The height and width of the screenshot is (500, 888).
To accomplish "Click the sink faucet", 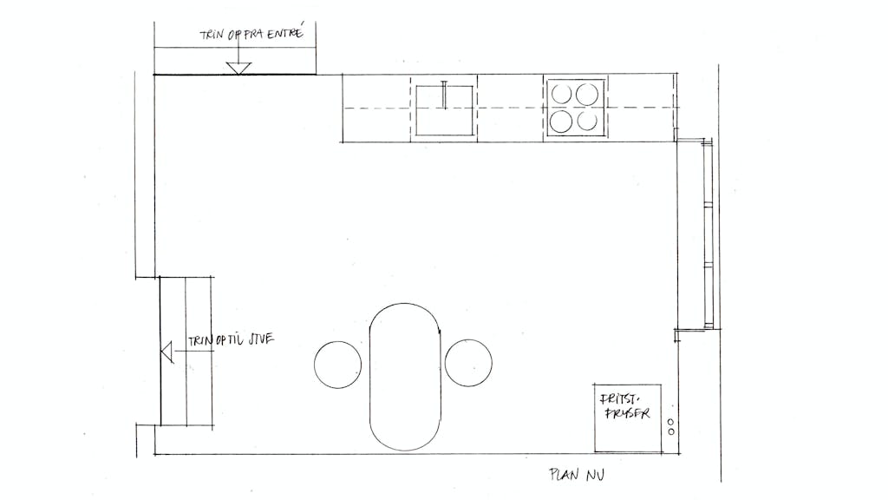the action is (x=445, y=95).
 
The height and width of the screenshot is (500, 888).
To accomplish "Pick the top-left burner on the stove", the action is (x=562, y=94).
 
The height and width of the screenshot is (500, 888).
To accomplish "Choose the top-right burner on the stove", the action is (x=587, y=94).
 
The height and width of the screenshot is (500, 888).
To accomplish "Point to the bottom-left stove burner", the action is (x=561, y=122).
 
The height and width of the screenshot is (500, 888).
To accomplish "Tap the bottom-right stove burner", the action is (x=587, y=121).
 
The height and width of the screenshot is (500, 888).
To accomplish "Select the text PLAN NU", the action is (x=577, y=475).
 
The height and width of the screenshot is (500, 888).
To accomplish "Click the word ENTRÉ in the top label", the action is (x=285, y=33).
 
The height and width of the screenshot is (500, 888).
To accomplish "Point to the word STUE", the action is (x=261, y=339).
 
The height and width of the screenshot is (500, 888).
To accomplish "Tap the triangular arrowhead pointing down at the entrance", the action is (x=238, y=69).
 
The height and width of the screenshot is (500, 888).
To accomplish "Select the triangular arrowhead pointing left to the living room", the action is (x=167, y=352).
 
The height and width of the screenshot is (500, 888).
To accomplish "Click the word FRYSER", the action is (x=627, y=412).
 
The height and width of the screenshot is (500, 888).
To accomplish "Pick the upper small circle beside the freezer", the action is (x=671, y=423).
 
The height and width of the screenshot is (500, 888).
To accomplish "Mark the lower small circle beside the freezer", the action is (x=671, y=432).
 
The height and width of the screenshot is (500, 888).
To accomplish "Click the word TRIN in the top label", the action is (x=212, y=35).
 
